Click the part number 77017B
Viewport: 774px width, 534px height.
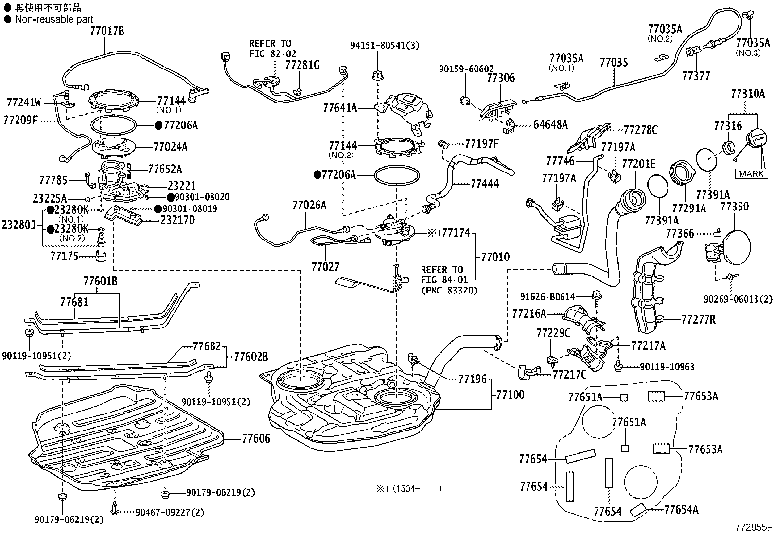coord(106,31)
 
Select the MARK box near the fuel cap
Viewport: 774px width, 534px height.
coord(752,173)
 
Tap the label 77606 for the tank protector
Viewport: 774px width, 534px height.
coord(256,439)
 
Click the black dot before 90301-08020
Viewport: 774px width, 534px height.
coord(170,197)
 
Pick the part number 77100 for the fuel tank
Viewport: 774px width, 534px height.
coord(510,395)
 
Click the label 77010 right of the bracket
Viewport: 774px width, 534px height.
coord(495,257)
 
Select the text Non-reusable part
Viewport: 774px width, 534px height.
coord(54,19)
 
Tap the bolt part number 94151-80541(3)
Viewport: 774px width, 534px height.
coord(385,45)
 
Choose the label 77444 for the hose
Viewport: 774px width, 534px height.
coord(484,184)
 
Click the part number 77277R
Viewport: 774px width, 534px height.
coord(698,319)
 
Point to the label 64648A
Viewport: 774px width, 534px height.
coord(550,124)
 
